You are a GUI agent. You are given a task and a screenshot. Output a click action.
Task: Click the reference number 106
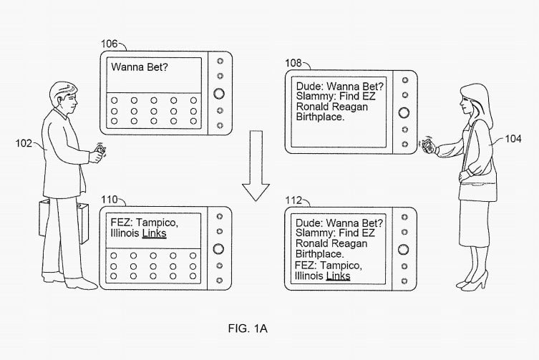(x=110, y=44)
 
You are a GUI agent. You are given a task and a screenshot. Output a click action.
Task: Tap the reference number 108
(x=293, y=63)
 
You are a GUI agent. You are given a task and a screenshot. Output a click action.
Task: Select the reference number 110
(x=110, y=200)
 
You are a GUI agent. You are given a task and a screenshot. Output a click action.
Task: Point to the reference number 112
(x=293, y=200)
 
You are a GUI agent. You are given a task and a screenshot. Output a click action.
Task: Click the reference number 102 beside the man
(x=24, y=143)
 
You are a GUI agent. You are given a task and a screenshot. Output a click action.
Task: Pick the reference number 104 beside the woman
(x=513, y=139)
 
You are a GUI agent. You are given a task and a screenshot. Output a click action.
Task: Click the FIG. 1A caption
(x=248, y=329)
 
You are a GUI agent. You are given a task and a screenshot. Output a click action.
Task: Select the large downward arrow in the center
(x=256, y=166)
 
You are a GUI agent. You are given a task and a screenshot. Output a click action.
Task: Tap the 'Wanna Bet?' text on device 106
(x=139, y=67)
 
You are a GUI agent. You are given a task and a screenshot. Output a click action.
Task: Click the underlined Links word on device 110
(x=155, y=233)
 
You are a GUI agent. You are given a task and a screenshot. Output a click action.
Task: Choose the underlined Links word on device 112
(x=339, y=276)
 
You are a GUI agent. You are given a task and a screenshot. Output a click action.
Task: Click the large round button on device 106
(x=219, y=93)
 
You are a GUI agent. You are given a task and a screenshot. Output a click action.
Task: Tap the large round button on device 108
(x=404, y=112)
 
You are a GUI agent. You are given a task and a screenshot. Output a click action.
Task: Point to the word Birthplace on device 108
(x=320, y=117)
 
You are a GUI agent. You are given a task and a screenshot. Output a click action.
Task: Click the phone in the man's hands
(x=101, y=150)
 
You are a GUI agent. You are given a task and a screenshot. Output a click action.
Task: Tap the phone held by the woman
(x=427, y=145)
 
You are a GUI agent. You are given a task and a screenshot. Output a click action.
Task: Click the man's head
(x=63, y=97)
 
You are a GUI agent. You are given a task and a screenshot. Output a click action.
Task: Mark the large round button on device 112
(x=403, y=249)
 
